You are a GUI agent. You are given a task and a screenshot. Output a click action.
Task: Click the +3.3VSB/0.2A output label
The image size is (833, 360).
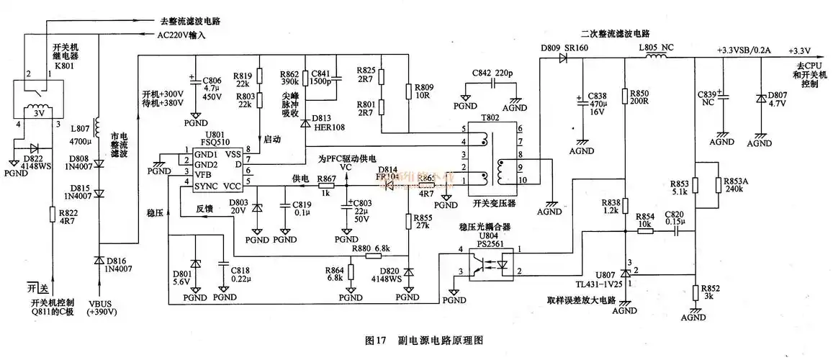[744, 50]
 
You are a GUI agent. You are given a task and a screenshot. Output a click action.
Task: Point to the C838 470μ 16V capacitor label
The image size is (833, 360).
[598, 104]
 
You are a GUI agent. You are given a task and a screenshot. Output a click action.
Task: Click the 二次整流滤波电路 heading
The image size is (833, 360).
[616, 34]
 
